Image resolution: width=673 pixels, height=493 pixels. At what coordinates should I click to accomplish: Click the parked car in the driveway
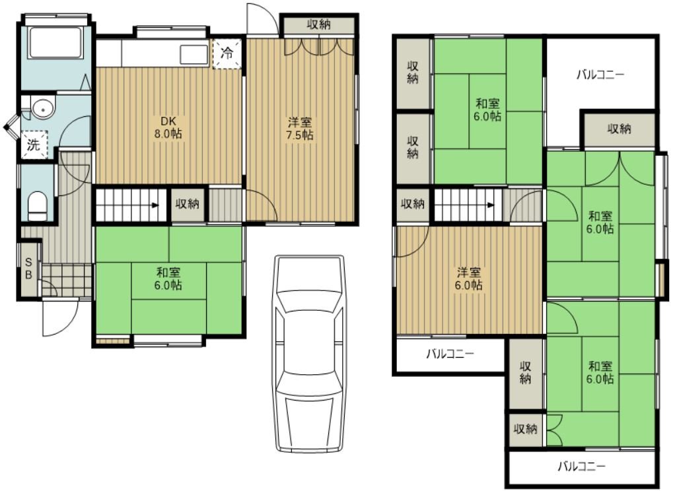point(309,354)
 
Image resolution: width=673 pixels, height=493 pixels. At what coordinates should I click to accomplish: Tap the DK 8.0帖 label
point(168,127)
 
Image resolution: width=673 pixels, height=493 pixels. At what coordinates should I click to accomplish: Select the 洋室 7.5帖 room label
point(300,129)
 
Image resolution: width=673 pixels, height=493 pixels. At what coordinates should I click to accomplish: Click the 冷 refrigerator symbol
point(227,53)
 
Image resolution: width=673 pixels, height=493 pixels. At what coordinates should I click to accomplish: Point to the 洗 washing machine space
point(34,145)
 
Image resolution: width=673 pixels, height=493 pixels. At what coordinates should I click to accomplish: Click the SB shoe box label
point(29,268)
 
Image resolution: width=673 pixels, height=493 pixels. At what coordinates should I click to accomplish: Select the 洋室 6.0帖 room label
point(468,279)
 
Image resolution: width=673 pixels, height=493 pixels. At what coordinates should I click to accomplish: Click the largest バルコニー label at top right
point(600,75)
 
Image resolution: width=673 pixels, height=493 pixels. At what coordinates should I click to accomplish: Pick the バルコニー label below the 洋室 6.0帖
point(450,354)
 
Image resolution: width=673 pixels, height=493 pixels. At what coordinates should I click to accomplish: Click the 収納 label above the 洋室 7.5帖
point(318,24)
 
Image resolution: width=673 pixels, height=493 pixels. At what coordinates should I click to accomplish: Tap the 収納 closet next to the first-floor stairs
point(188,204)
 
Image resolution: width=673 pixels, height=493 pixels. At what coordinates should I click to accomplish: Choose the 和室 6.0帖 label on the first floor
point(168,279)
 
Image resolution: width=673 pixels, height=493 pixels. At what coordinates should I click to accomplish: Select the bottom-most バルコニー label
point(582,466)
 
